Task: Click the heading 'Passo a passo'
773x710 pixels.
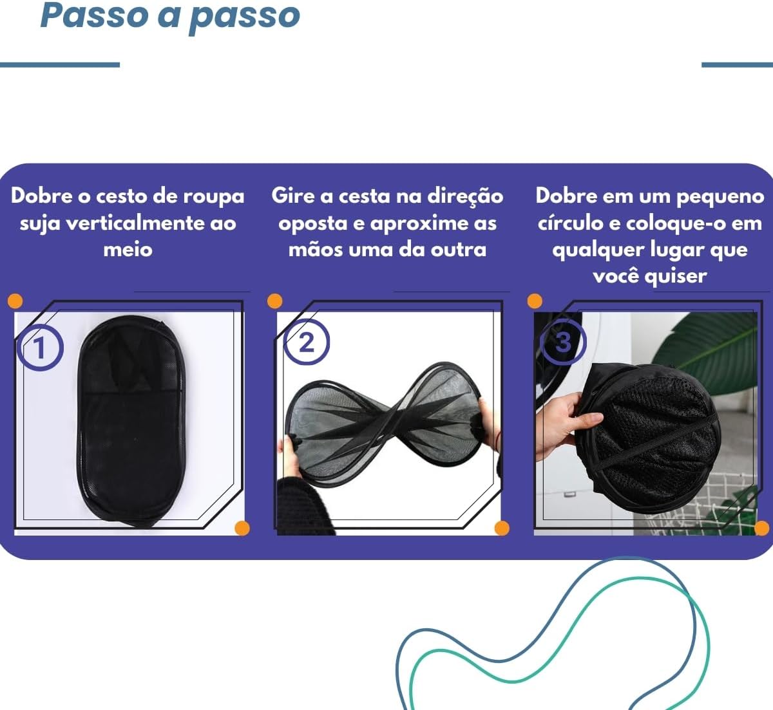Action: tap(170, 16)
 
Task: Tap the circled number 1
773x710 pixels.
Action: tap(40, 348)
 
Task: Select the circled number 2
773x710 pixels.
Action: tap(307, 342)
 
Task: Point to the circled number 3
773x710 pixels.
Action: tap(563, 342)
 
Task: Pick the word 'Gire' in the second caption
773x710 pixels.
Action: tap(294, 196)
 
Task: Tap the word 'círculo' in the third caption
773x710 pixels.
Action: tap(570, 223)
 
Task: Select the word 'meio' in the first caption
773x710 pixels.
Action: tap(128, 249)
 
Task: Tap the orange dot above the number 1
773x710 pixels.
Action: tap(15, 301)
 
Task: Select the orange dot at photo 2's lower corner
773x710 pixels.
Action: tap(502, 528)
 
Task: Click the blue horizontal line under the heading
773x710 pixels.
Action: tap(60, 65)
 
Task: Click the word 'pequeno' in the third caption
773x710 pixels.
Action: tap(720, 196)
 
